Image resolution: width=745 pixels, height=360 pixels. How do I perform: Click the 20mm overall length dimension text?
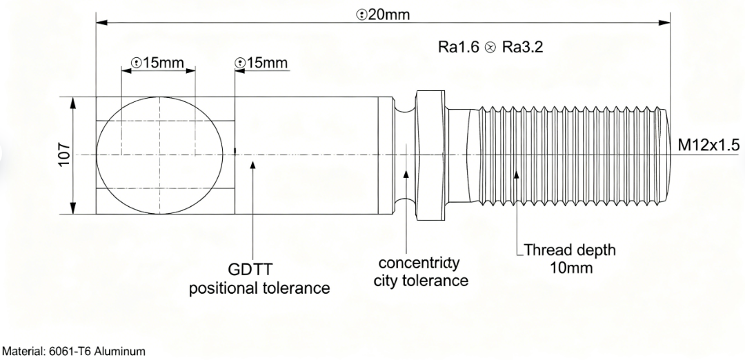pos(383,14)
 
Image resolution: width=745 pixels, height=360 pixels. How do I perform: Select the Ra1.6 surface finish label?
pos(458,48)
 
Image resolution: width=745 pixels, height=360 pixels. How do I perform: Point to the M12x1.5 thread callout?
pos(708,145)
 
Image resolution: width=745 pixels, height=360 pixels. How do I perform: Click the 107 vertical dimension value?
pos(63,155)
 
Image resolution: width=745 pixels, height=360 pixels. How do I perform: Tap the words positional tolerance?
pos(259,288)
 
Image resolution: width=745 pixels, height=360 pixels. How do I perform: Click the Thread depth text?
pos(570,249)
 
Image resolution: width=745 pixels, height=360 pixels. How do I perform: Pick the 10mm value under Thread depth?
pos(570,267)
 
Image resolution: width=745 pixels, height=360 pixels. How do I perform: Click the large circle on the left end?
pos(159,154)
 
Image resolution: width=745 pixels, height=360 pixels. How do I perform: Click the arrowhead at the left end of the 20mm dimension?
pos(101,22)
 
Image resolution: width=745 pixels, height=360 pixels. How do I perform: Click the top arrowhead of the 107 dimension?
pos(73,101)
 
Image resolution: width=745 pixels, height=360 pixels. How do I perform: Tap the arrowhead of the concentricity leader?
pos(407,172)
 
